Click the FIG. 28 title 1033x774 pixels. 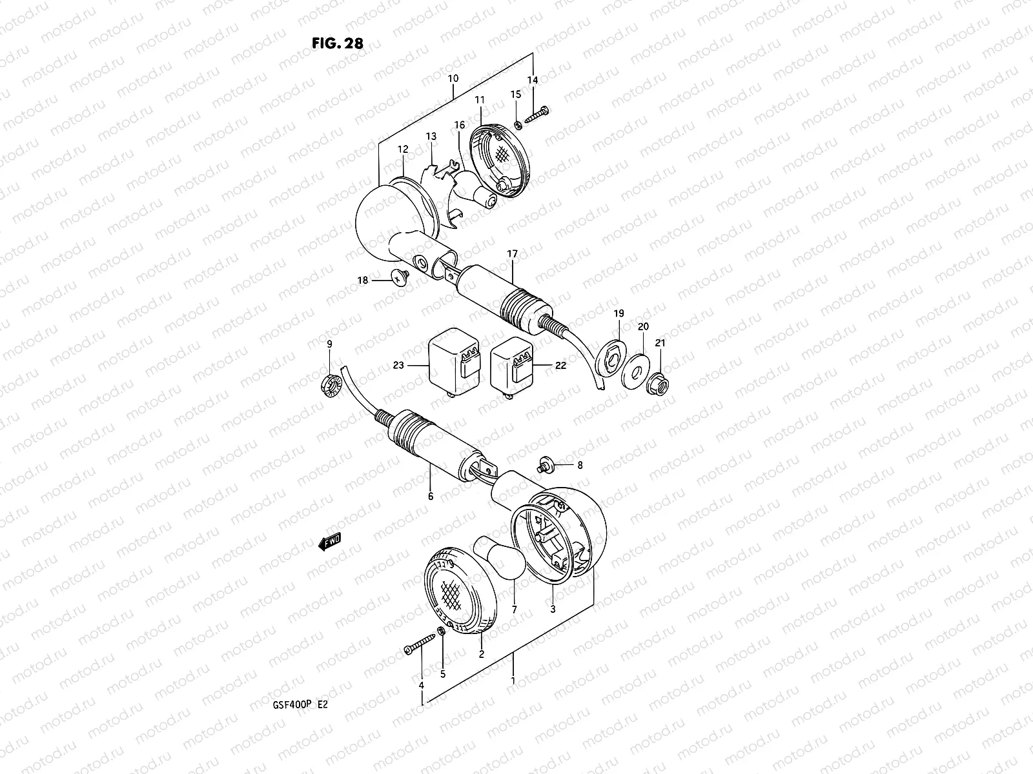337,43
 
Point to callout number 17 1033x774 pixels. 512,254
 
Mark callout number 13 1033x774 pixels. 431,136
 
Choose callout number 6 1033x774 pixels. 430,497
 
